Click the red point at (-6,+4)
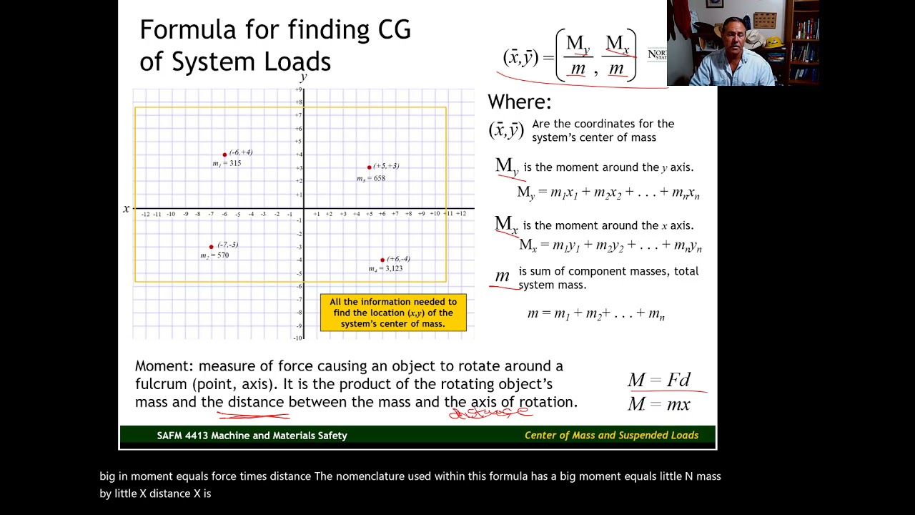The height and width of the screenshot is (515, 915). tap(224, 154)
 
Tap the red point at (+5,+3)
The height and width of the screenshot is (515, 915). tap(369, 167)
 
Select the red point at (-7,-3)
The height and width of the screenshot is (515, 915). tap(211, 247)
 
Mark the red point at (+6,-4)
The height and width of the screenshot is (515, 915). tap(382, 260)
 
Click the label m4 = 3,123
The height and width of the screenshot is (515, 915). tap(385, 269)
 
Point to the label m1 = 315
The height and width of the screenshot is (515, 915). tap(227, 164)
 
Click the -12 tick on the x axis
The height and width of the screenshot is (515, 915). tap(145, 214)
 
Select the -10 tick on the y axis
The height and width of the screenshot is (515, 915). tap(298, 338)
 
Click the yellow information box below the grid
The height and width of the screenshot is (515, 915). tap(393, 313)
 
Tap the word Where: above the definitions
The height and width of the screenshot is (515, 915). tap(520, 102)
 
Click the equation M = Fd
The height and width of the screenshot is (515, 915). tap(658, 380)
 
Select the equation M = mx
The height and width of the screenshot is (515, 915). tap(658, 404)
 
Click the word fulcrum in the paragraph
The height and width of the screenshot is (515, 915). tap(162, 384)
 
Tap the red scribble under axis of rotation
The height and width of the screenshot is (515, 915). tap(490, 413)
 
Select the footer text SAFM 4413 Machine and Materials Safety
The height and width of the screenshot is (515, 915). tap(252, 436)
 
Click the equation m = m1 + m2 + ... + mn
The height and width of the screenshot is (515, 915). tap(595, 314)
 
